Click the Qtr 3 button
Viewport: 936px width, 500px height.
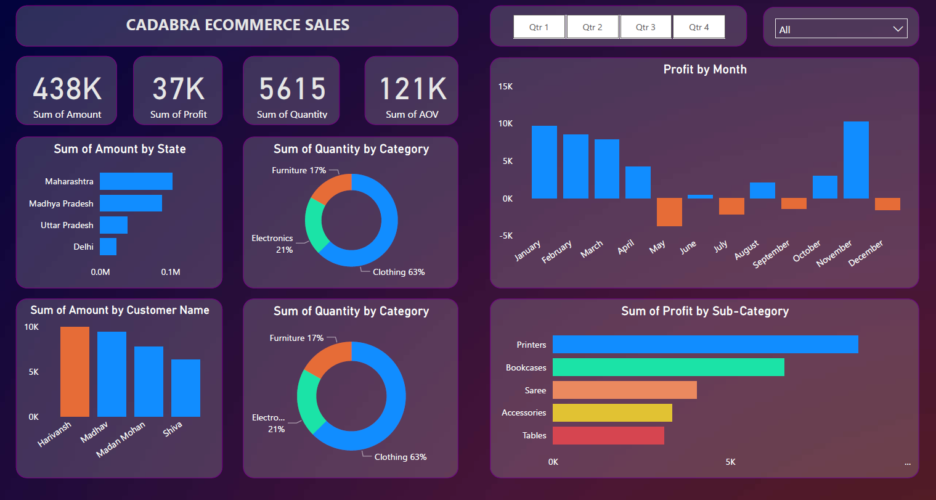click(645, 27)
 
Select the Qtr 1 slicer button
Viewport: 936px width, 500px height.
click(539, 27)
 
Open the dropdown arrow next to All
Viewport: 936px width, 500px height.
click(898, 29)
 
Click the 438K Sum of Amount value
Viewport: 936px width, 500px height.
click(67, 89)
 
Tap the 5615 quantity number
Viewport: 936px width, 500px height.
click(292, 89)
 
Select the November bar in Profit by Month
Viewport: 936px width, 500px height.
click(856, 160)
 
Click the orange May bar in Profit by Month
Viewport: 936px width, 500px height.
click(669, 212)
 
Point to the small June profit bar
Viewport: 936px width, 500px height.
click(700, 197)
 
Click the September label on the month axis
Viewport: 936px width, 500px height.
click(771, 254)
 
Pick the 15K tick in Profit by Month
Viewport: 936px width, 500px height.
click(505, 86)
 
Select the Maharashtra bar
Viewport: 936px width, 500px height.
click(136, 181)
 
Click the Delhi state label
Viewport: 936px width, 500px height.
click(83, 247)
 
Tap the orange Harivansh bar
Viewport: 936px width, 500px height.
click(75, 372)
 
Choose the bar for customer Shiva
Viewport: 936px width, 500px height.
click(185, 388)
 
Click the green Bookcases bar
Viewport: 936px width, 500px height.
click(668, 367)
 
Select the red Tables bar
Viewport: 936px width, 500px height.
click(608, 435)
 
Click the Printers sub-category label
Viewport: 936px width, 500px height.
click(531, 345)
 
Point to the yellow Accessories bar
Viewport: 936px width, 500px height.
click(612, 412)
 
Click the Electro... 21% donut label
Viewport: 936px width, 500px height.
click(269, 423)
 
